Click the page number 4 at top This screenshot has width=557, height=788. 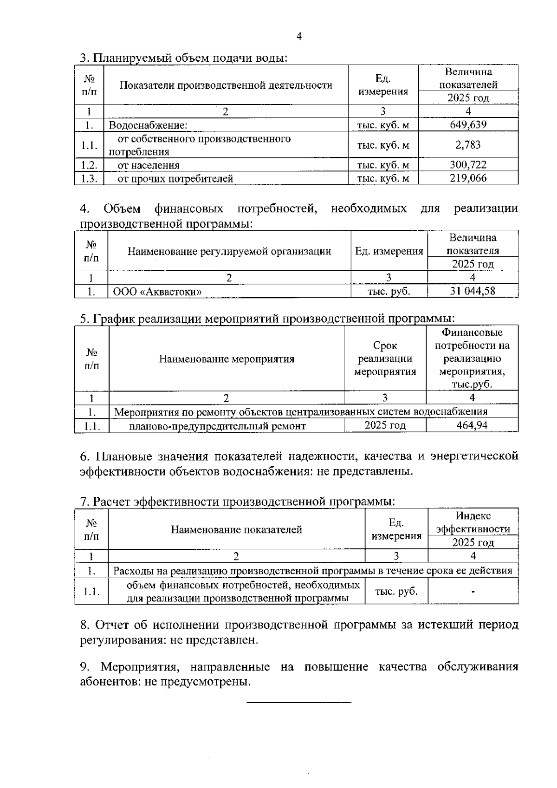coord(299,37)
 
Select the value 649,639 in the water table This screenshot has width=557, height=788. coord(468,124)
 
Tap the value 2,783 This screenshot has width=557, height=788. coord(468,145)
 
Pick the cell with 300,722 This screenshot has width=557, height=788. coord(468,165)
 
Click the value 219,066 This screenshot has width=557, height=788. coord(468,178)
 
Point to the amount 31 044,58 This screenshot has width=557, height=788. coord(473,291)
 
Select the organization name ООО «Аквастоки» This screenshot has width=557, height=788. coord(157,292)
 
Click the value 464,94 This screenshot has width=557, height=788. coord(472,425)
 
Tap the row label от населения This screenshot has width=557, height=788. coord(149,165)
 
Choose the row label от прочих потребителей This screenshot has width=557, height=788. coord(175,179)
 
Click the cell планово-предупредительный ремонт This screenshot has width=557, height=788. coord(217,426)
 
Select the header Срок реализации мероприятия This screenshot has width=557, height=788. coord(385,358)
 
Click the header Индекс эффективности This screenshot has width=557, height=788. coord(473,522)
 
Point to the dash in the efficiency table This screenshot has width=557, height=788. coord(473,592)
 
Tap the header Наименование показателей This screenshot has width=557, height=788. coord(236,530)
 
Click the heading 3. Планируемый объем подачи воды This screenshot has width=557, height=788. coord(184,58)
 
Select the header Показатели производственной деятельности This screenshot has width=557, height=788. coord(226,85)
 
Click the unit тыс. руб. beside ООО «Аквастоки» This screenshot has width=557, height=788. coord(389,292)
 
